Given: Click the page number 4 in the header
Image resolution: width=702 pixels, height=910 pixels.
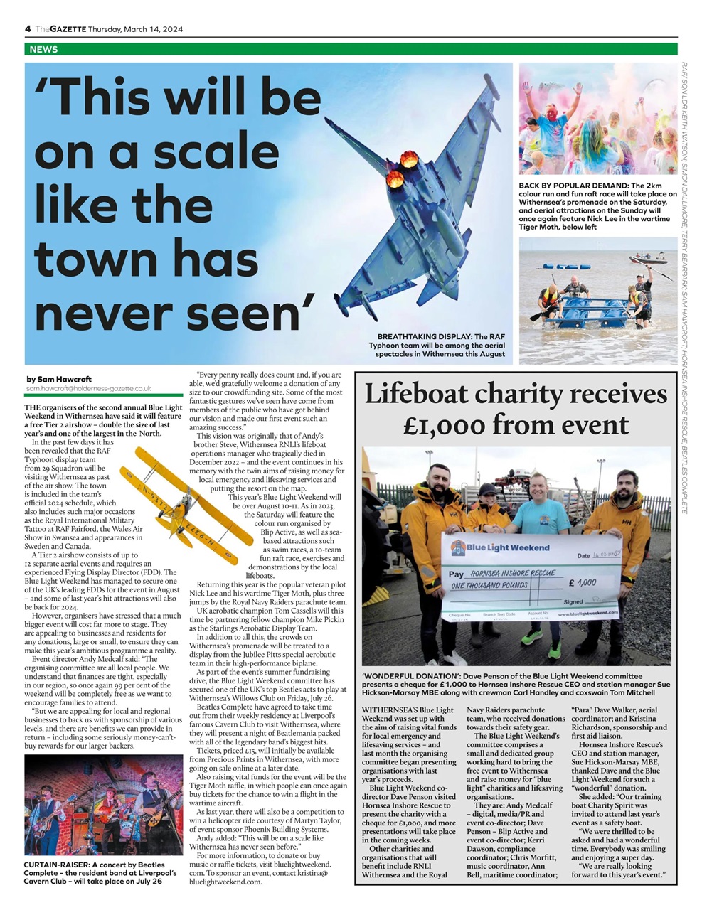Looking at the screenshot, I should coord(28,28).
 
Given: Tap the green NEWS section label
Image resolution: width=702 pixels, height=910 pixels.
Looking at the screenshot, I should coord(44,50).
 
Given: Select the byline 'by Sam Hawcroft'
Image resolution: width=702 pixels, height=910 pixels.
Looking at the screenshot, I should coord(58,379).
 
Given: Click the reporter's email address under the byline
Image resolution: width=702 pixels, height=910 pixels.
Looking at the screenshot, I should coord(88,389).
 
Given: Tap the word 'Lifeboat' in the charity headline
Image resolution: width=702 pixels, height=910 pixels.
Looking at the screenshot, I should coord(415,395).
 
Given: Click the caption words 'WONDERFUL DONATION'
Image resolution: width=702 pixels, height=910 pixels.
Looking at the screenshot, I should coord(408,676).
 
